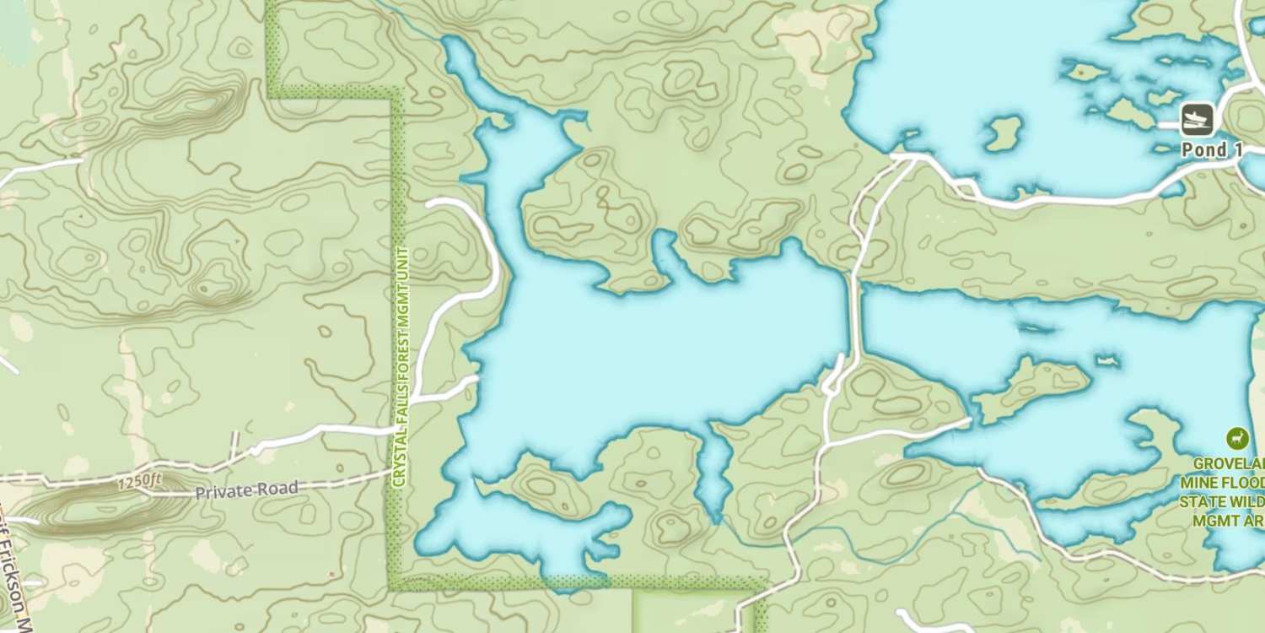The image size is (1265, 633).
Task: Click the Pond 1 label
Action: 1212,150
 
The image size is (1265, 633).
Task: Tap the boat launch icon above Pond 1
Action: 1197,119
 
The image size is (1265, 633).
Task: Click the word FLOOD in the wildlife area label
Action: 1247,482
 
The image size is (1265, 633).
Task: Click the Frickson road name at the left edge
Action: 15,582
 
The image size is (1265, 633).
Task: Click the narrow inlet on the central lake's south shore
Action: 714,473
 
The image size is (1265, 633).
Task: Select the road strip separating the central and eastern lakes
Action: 853,312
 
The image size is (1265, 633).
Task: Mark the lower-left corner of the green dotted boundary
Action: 394,582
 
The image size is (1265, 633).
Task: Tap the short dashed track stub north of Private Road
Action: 234,446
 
